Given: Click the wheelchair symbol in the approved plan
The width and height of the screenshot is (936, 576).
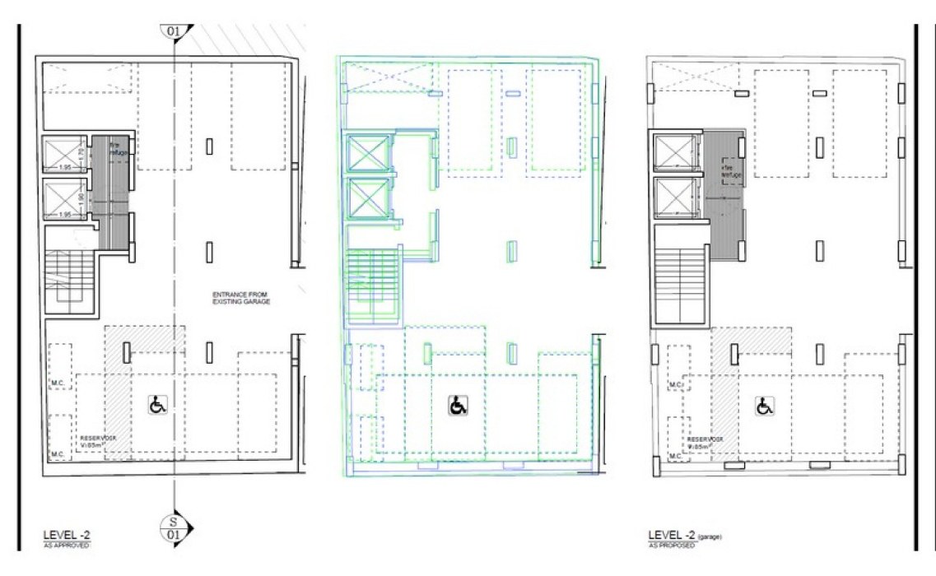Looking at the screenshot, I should (x=157, y=405).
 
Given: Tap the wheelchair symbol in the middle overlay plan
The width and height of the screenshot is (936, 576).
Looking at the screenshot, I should (x=458, y=405).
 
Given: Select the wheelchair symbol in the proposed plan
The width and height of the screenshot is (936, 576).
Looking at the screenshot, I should (x=766, y=406).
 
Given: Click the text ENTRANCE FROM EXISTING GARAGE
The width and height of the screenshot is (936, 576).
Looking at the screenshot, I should (x=240, y=298).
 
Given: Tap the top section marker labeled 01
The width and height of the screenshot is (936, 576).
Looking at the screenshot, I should (x=175, y=32).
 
